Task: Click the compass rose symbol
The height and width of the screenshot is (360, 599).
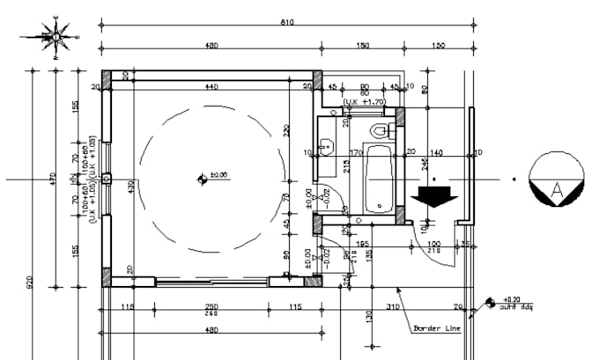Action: [55, 37]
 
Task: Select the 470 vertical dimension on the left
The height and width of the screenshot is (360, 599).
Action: [53, 179]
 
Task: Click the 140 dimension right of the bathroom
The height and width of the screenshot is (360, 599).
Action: [437, 152]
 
